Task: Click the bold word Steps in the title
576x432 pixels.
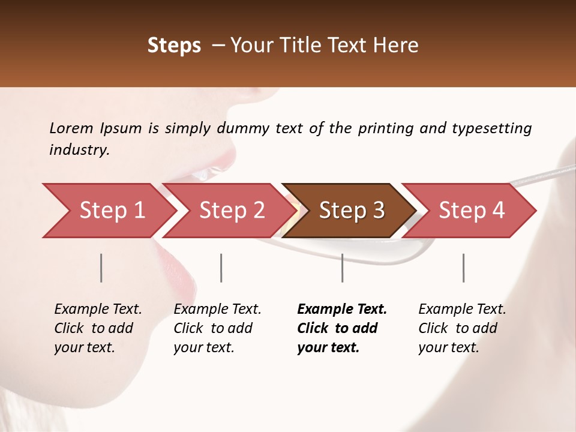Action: pos(174,46)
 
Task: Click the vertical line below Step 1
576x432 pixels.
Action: pos(101,268)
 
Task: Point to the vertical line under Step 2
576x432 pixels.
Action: pos(221,268)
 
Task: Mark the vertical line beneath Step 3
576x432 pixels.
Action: pos(343,268)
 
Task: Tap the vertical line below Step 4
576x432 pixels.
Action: pos(463,268)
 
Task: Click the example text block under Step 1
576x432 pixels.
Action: pos(98,328)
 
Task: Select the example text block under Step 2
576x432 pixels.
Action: pos(217,328)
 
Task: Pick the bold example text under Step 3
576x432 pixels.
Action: pos(342,328)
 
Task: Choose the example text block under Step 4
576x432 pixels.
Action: pos(462,328)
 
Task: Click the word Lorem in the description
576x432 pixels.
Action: pos(71,128)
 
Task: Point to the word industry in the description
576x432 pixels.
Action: pos(79,149)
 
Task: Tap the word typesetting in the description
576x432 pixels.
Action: pos(491,128)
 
